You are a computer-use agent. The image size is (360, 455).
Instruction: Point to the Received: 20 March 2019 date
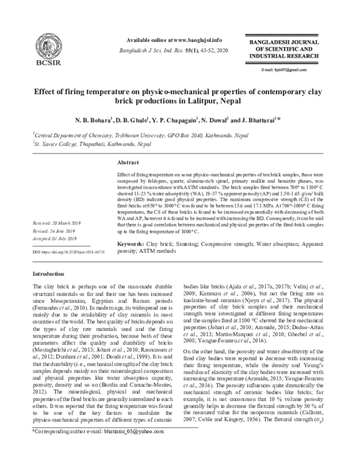coord(58,222)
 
